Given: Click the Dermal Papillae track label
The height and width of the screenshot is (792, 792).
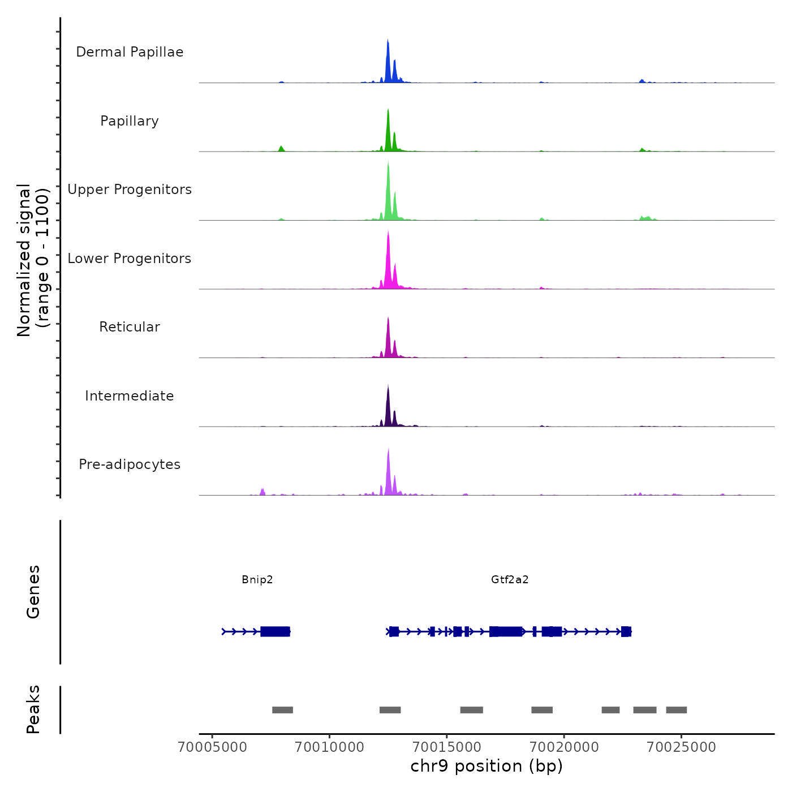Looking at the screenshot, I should (130, 52).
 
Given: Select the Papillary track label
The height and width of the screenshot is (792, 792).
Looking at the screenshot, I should (130, 121).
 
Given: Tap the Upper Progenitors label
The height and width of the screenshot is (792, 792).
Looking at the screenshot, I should (130, 190).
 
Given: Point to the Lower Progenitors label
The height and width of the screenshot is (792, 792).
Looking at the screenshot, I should (130, 259).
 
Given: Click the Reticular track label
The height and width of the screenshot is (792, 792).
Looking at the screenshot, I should (130, 327).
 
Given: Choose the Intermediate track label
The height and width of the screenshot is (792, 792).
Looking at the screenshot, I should (130, 396).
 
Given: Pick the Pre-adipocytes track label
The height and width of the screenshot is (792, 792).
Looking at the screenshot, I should (130, 464).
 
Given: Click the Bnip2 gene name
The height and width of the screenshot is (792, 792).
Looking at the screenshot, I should (257, 579).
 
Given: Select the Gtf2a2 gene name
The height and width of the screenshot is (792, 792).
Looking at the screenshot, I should (510, 579).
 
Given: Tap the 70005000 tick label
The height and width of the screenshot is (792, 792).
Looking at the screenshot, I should (212, 747).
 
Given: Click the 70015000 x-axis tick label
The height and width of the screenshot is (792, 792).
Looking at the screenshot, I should (447, 747).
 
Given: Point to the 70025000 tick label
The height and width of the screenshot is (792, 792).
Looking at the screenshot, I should (681, 747).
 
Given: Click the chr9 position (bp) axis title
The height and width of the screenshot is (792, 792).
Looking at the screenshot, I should (487, 767).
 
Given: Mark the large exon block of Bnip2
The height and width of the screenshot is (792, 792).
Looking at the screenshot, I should (276, 631).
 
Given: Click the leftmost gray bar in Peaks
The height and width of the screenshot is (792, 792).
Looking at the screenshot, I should (282, 710).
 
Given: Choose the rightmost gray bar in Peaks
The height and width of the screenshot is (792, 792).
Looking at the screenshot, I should (676, 710).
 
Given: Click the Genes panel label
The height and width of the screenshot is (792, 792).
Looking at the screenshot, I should (33, 592).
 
